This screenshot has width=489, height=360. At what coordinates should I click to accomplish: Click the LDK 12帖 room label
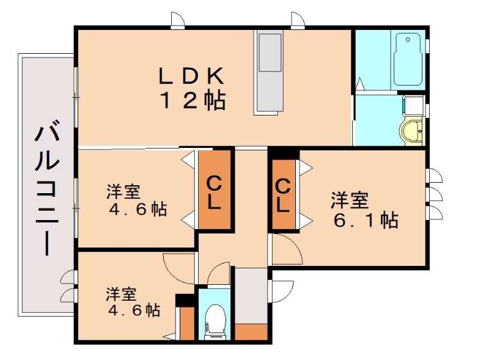[193, 89]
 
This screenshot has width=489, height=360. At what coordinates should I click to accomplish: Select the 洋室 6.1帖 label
[364, 209]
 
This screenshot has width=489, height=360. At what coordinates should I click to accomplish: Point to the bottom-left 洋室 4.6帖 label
[133, 302]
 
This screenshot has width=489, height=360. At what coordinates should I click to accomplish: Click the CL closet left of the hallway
[214, 191]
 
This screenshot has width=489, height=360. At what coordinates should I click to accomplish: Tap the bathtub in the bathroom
[408, 60]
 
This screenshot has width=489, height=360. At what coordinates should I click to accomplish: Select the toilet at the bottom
[214, 321]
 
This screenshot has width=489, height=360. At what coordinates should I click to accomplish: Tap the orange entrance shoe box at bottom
[251, 332]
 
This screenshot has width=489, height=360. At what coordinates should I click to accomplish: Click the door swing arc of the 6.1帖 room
[286, 248]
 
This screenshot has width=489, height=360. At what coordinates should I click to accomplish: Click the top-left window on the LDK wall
[178, 21]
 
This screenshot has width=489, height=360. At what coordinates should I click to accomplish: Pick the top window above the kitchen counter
[298, 21]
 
